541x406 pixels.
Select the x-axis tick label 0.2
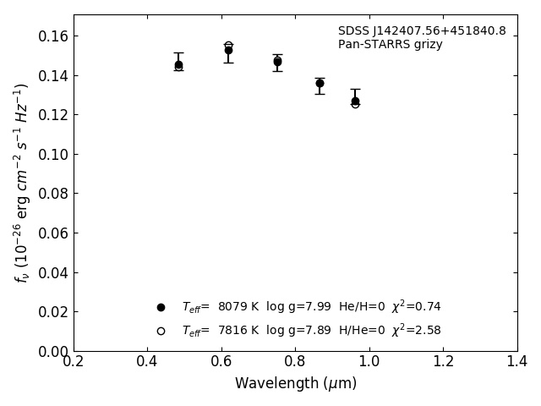click(x=74, y=362)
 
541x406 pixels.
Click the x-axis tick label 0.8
click(x=295, y=362)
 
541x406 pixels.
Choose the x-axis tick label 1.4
click(x=516, y=362)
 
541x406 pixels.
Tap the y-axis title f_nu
click(x=22, y=183)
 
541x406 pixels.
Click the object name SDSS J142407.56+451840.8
click(x=422, y=31)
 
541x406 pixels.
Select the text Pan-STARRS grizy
click(x=390, y=45)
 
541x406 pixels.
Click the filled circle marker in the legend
click(x=161, y=307)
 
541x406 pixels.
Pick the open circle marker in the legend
click(x=161, y=331)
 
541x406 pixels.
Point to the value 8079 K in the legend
click(x=238, y=307)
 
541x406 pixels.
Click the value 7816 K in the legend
click(x=238, y=331)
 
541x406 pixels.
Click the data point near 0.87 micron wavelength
click(x=320, y=83)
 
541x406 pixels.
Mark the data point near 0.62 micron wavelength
click(x=228, y=50)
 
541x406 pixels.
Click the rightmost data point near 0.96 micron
click(x=355, y=101)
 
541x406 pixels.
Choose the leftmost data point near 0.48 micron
click(x=178, y=64)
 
